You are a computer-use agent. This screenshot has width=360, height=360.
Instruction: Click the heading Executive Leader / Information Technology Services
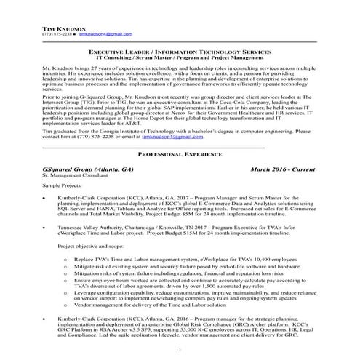[x=180, y=53]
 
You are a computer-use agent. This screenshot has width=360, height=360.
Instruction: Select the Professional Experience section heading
[x=180, y=154]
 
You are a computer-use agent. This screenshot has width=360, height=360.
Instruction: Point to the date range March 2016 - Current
[x=282, y=168]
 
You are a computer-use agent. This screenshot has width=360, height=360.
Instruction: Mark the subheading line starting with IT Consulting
[x=180, y=59]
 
